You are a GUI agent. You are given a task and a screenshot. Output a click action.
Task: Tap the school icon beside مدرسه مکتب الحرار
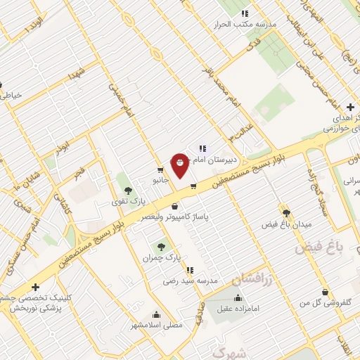click(x=245, y=13)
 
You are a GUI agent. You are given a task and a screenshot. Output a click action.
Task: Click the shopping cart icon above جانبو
click(x=161, y=169)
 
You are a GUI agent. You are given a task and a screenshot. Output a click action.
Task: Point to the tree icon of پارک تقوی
click(x=127, y=190)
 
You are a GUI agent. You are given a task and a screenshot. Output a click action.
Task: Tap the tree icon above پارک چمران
click(x=162, y=247)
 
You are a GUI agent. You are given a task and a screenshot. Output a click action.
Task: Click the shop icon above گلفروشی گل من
click(x=325, y=292)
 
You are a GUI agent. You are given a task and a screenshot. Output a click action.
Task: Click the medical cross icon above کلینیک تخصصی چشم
click(x=35, y=287)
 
